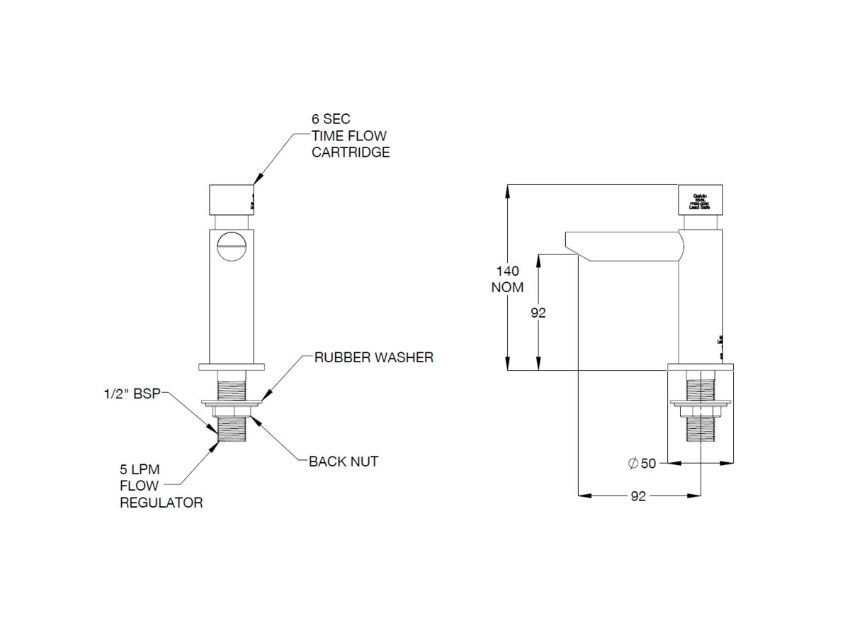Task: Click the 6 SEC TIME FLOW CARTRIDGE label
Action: click(351, 136)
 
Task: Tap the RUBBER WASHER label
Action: click(373, 357)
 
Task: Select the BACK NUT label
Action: click(344, 461)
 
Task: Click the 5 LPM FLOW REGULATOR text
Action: click(160, 486)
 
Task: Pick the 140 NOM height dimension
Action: click(507, 279)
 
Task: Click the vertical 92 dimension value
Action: click(539, 312)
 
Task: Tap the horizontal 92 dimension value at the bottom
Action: click(638, 496)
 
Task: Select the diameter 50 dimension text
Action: click(642, 464)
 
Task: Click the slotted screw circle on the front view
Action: click(231, 247)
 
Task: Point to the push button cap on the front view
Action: click(231, 199)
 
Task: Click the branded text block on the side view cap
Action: click(700, 201)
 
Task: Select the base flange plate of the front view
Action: click(231, 366)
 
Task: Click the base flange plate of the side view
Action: click(701, 366)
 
